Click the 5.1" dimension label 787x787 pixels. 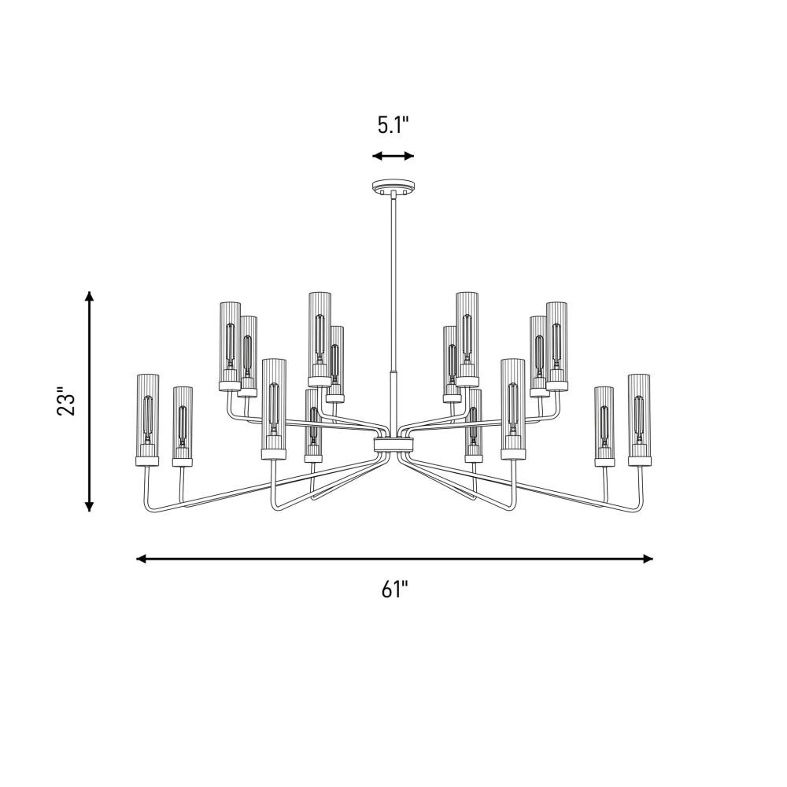point(393,124)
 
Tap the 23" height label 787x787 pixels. point(66,401)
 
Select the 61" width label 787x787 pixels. point(394,589)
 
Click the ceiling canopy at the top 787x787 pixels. point(393,187)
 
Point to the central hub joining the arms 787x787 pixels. point(394,444)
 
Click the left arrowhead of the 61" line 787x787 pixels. point(142,559)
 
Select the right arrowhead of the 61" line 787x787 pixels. point(648,559)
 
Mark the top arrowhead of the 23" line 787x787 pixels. point(90,296)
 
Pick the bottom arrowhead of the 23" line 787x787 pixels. point(90,506)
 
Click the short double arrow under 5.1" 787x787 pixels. point(393,156)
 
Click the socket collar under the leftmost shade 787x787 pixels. point(148,461)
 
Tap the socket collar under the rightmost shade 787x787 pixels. point(639,461)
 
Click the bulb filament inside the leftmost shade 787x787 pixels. point(148,416)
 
